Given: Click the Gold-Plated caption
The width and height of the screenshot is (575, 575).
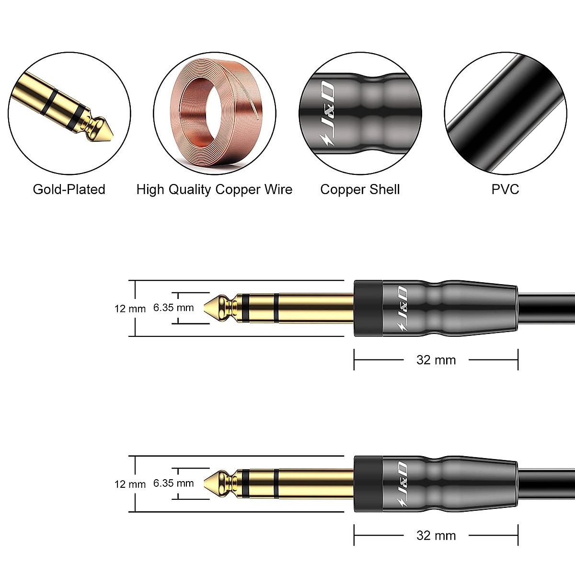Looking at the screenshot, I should [x=69, y=189].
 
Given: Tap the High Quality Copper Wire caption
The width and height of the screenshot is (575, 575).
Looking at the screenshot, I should [x=214, y=189].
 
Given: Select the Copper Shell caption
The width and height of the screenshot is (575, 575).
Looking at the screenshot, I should [x=360, y=189].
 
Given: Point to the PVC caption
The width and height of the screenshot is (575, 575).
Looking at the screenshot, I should [x=505, y=189].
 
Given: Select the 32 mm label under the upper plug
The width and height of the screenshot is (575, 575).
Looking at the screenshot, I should [x=436, y=360].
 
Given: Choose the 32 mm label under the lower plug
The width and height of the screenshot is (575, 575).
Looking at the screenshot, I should [x=436, y=535].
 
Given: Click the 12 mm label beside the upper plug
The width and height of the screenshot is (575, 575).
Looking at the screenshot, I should [x=130, y=309].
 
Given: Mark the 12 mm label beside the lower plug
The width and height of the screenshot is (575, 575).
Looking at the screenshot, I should [x=130, y=484].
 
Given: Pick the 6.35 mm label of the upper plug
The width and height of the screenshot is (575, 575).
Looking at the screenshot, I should [x=173, y=308].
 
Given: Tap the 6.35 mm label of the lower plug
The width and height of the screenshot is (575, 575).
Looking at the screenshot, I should [x=173, y=483].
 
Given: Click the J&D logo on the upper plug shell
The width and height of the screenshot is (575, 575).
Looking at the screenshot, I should [x=402, y=309].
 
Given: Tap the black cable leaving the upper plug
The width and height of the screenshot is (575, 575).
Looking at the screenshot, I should [x=546, y=309].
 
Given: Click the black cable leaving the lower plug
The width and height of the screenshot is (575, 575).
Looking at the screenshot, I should [x=546, y=484].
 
